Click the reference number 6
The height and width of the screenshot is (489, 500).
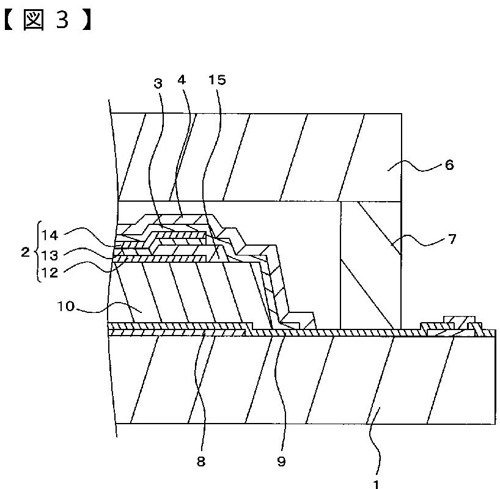pos(449,165)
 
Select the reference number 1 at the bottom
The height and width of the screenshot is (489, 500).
pos(377,483)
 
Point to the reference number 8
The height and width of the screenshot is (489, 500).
pos(201,461)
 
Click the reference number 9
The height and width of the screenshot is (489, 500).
pos(281,461)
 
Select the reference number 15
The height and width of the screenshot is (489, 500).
pos(217,80)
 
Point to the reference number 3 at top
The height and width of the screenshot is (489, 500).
pos(158,83)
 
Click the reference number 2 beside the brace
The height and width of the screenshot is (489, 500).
pos(24,252)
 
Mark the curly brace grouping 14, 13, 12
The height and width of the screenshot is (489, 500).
pos(37,252)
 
